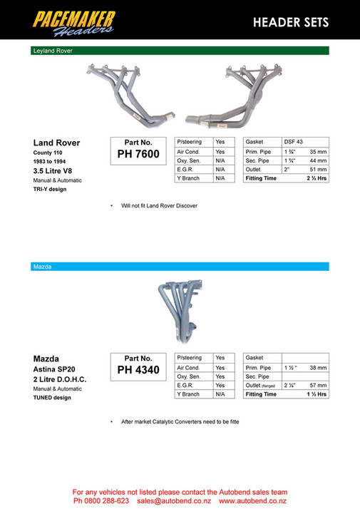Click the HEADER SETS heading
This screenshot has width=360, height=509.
[291, 22]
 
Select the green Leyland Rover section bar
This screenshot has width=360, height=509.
[180, 51]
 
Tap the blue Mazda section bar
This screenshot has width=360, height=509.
[180, 266]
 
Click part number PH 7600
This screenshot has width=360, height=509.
[138, 154]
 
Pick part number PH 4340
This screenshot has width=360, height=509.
[138, 370]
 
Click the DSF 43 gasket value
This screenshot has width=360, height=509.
[294, 142]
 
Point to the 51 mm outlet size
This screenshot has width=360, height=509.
[318, 170]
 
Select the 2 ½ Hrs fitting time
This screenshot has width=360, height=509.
[317, 179]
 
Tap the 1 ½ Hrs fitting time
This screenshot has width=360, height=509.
[317, 394]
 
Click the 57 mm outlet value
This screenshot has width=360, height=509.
[318, 385]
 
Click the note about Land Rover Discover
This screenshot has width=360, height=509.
[159, 206]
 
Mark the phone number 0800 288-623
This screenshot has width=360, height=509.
[106, 500]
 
